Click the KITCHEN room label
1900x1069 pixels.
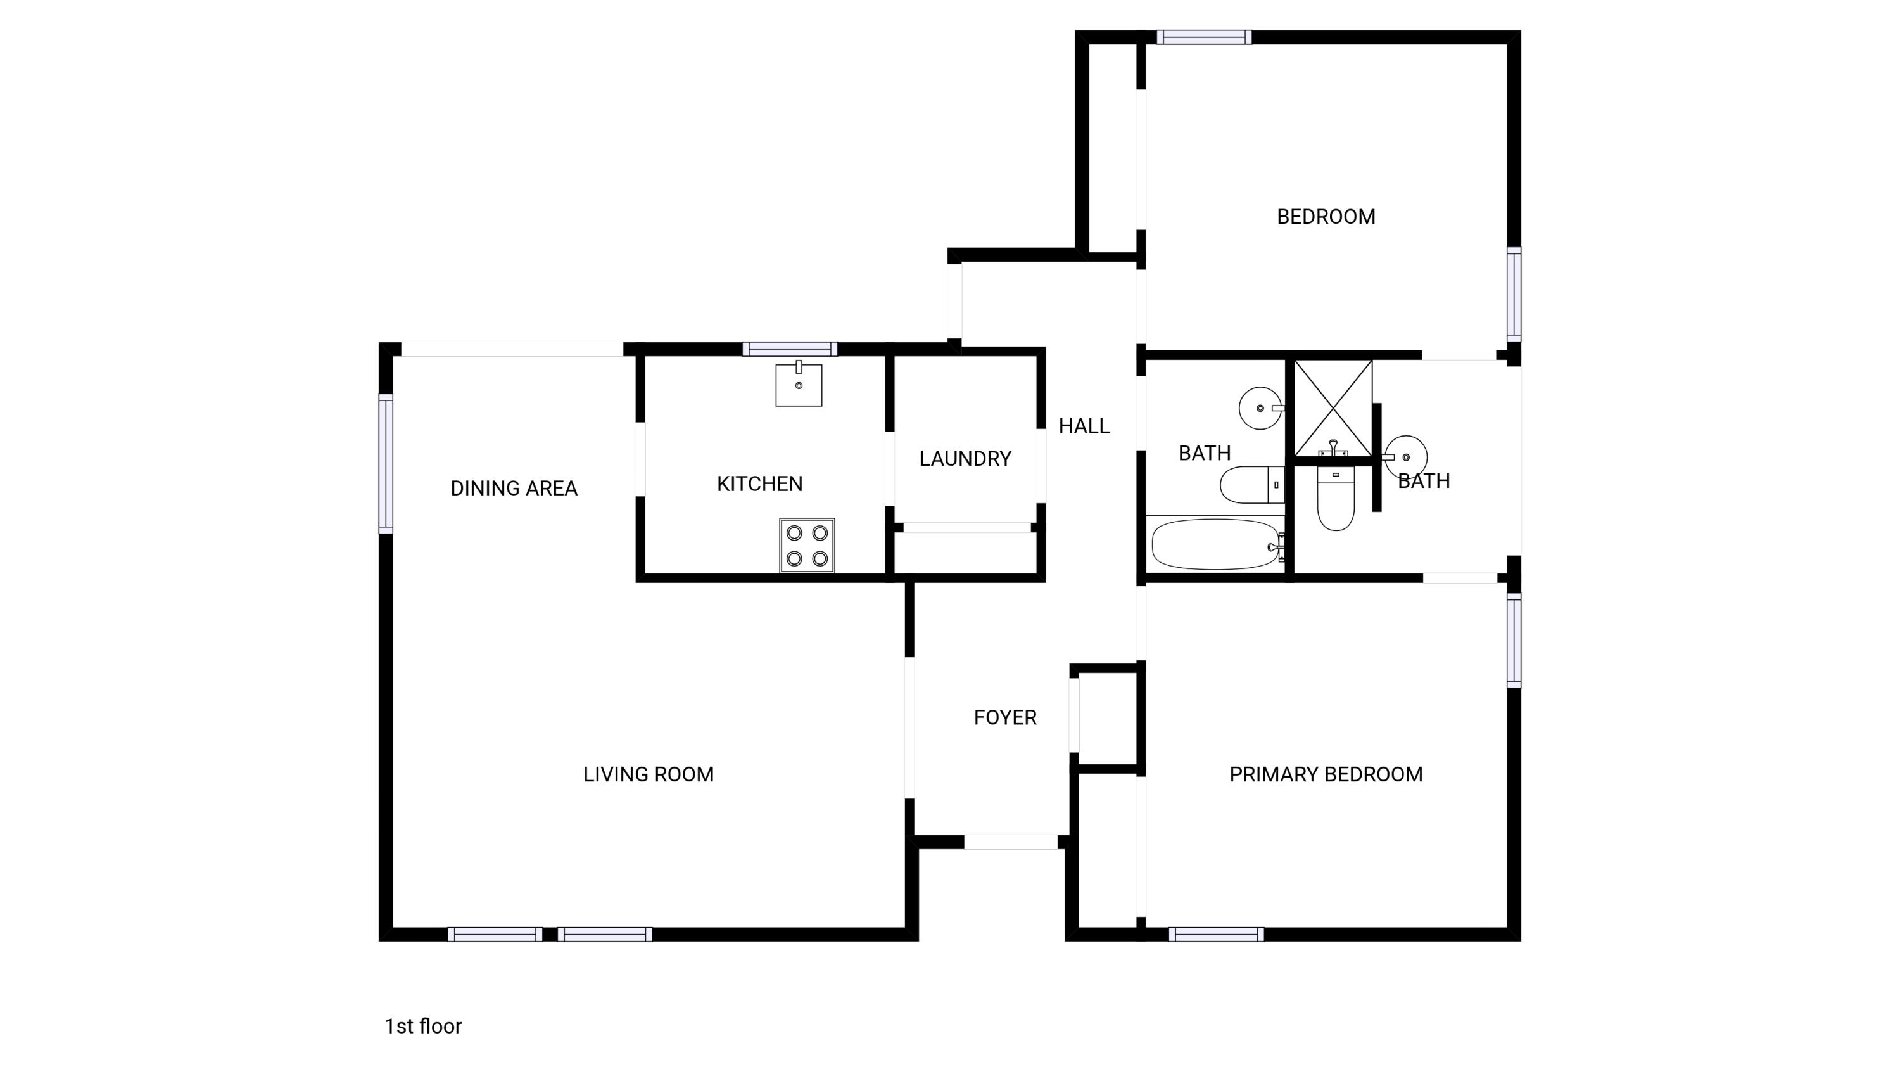point(760,484)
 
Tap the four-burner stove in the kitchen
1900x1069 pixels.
point(807,545)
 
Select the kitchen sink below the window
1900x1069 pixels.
point(798,385)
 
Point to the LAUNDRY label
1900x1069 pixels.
point(965,459)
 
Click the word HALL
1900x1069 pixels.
point(1084,426)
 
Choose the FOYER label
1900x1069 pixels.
point(1004,717)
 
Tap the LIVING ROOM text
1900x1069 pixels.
point(649,774)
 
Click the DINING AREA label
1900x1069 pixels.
point(514,489)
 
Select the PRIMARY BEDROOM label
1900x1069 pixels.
point(1326,774)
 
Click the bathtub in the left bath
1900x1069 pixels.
point(1215,544)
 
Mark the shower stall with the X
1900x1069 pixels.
point(1333,407)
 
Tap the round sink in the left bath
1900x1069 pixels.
point(1260,408)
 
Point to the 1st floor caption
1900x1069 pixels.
point(422,1026)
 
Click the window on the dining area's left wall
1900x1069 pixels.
point(386,463)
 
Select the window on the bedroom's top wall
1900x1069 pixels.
point(1204,37)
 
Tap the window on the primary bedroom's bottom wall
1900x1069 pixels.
point(1215,935)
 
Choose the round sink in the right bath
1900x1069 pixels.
point(1406,457)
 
